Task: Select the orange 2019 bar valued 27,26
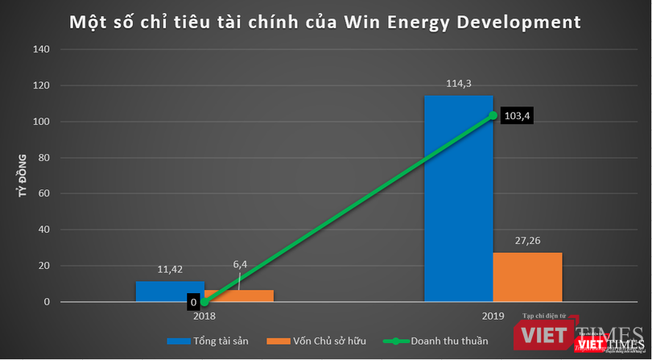click(x=527, y=277)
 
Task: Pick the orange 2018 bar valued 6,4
click(x=239, y=296)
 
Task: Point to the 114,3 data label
click(x=458, y=84)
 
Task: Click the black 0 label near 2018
click(x=192, y=303)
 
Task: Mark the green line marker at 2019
click(x=493, y=115)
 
